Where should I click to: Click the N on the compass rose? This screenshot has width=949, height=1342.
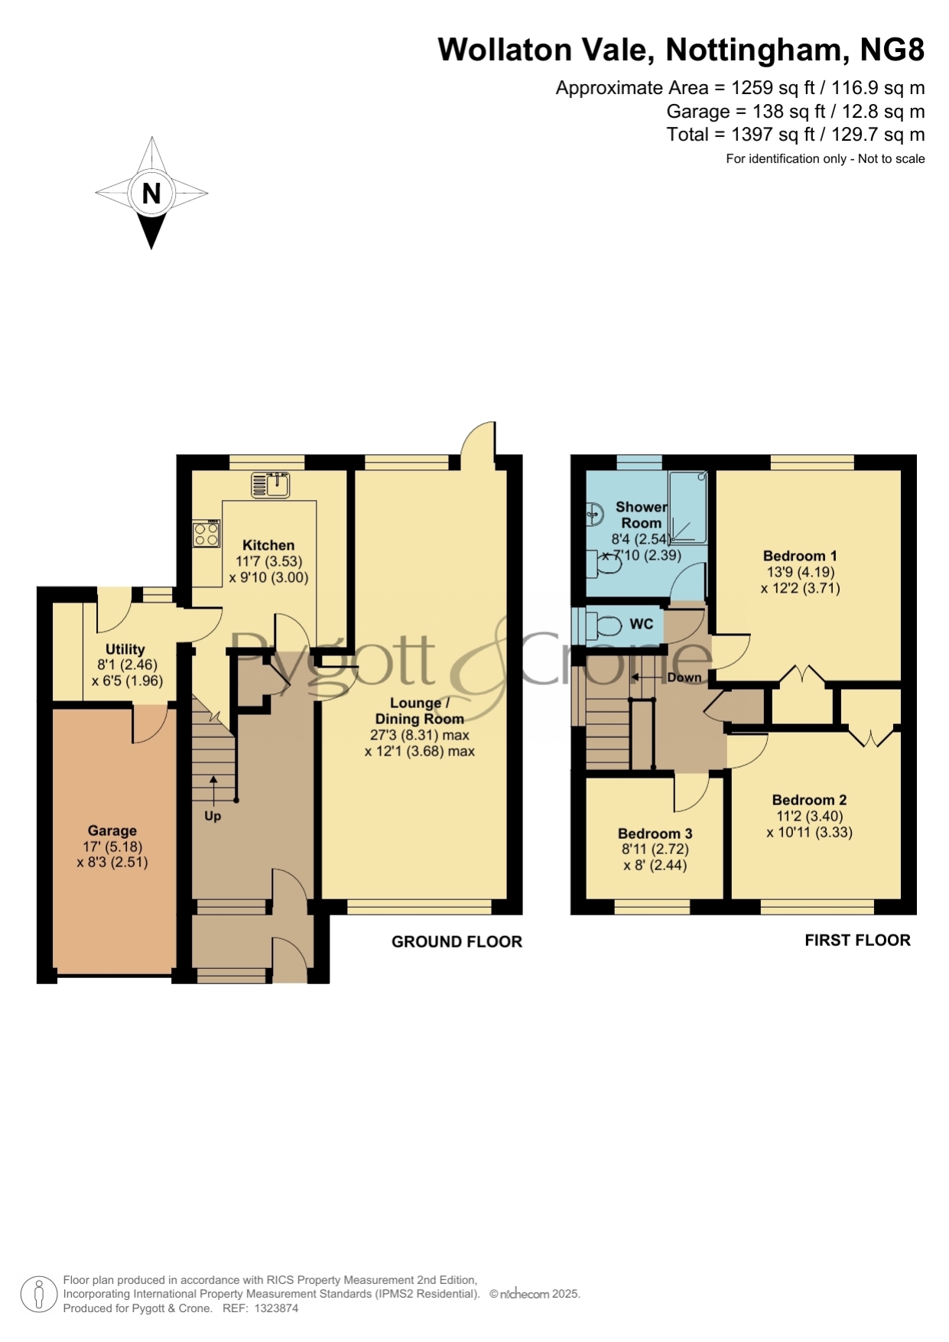pos(151,193)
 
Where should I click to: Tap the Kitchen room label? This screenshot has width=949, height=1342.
pos(268,545)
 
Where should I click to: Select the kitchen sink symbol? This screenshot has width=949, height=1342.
pos(270,485)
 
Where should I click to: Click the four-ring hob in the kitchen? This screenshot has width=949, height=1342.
pos(206,534)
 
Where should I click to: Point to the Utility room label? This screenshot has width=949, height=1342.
pos(125,649)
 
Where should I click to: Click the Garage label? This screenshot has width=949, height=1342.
pos(112,830)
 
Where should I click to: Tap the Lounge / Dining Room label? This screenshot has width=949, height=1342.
pos(420,711)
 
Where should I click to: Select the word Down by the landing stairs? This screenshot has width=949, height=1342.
pos(684,677)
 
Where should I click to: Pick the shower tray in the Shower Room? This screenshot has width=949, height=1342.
pos(687,508)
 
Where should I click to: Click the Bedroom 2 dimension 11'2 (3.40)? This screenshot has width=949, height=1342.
pos(810,816)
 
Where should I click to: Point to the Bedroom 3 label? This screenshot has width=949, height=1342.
pos(655,833)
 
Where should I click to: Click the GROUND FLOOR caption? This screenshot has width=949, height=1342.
pos(457,942)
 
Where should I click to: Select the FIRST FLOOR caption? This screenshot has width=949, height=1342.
pos(858,941)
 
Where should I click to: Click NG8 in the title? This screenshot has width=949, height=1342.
pos(892,50)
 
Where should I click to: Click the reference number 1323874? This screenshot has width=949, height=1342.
pos(276,1308)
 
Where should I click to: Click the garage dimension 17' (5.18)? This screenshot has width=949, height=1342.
pos(112,846)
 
